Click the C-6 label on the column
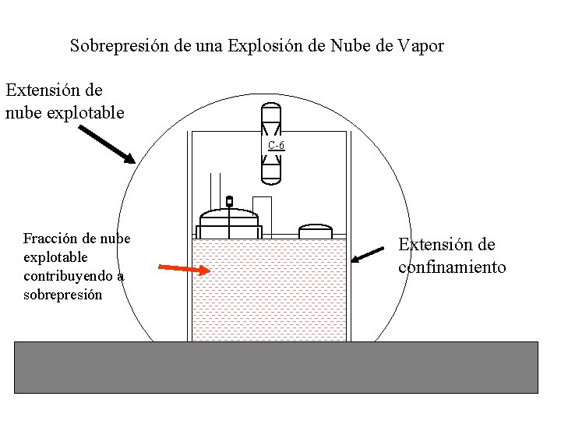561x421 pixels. (x=276, y=145)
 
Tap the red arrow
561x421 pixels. (x=184, y=269)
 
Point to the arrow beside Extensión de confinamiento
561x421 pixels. (x=368, y=254)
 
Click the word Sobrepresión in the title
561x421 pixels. (x=120, y=45)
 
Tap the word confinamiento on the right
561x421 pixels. (x=452, y=267)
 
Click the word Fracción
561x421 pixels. (x=49, y=239)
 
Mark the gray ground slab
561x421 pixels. (x=276, y=366)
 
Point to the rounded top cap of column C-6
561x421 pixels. (x=270, y=108)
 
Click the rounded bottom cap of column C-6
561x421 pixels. (x=270, y=178)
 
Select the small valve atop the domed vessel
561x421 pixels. (x=229, y=201)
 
